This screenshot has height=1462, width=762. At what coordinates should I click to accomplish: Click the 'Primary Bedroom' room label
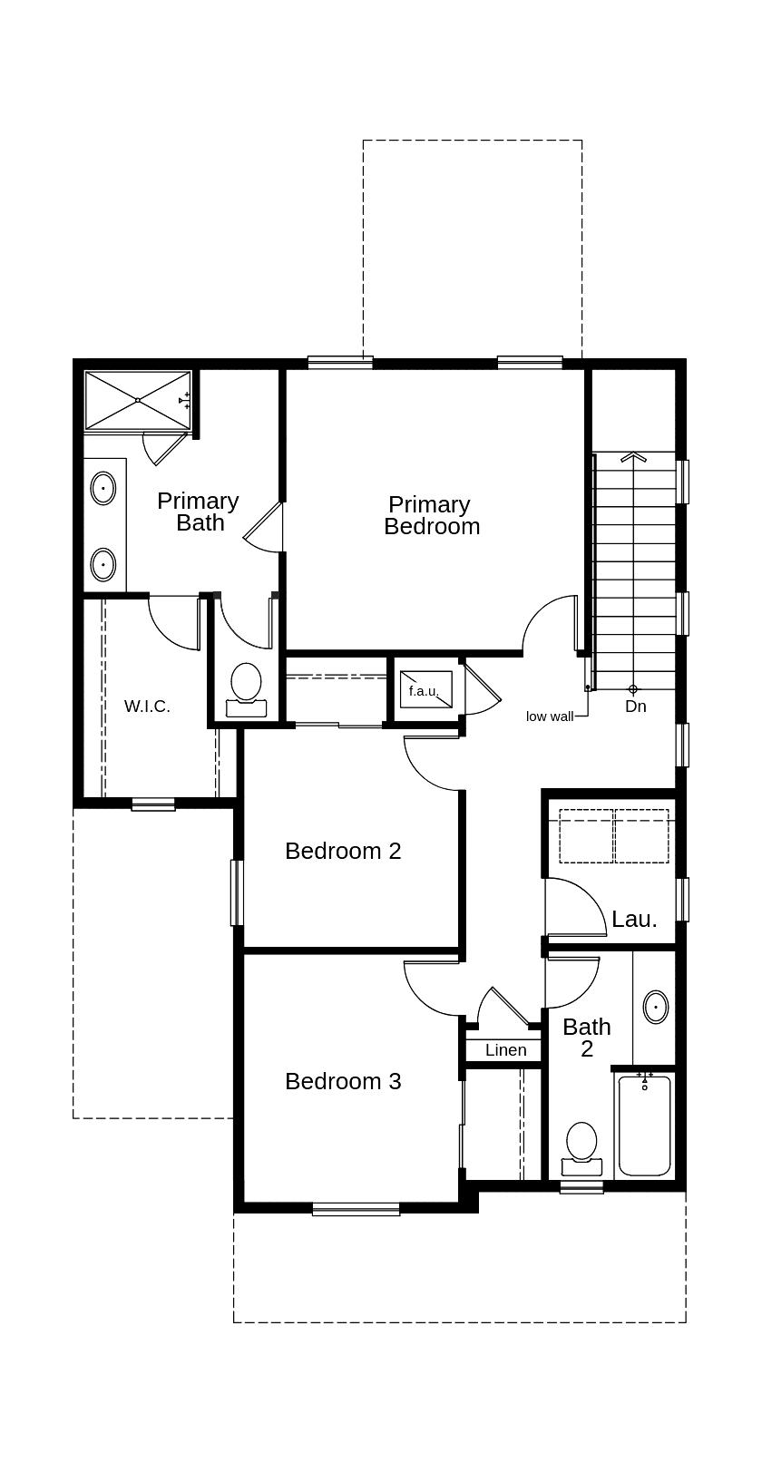431,515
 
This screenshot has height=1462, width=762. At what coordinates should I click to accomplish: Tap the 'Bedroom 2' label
343,851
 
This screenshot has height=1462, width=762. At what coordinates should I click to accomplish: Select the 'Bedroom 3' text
343,1081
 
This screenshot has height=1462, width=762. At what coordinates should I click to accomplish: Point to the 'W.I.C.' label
147,706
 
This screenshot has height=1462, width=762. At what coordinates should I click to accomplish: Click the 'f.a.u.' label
424,691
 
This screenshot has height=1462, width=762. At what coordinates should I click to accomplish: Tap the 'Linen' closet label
505,1050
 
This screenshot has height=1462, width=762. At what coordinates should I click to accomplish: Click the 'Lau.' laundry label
634,919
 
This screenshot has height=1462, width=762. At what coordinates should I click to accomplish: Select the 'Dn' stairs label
635,706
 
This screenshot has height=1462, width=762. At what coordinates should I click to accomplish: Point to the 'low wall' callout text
550,716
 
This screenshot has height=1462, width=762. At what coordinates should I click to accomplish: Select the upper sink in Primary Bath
103,488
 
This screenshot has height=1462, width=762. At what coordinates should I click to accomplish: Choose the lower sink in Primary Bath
103,564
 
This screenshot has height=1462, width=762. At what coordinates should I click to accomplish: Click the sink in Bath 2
656,1007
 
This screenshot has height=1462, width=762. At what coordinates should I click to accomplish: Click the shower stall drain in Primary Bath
137,400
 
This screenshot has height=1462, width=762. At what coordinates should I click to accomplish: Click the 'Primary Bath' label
199,512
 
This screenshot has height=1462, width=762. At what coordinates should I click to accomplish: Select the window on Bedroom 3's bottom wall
356,1208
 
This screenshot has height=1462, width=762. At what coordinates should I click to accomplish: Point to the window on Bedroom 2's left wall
237,892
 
